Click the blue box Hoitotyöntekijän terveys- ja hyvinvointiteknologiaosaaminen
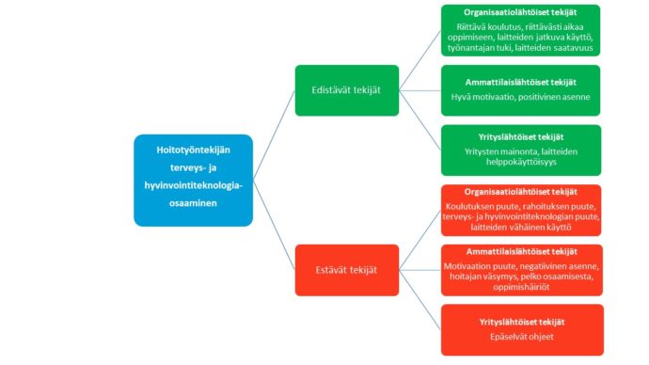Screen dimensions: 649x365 [194, 181]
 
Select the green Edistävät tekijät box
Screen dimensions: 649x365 [347, 90]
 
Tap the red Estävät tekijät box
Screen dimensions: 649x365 [347, 270]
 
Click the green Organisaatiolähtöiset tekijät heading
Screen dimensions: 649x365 [520, 12]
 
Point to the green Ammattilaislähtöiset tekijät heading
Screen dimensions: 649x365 [521, 83]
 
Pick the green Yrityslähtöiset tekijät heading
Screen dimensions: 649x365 [521, 137]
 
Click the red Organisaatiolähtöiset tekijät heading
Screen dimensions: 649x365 [521, 192]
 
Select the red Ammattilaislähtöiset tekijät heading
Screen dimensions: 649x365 [521, 251]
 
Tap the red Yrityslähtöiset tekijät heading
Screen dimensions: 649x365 [522, 322]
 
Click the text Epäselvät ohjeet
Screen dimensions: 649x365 [521, 337]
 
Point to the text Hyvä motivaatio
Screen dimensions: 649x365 [482, 97]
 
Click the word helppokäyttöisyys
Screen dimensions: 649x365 [521, 162]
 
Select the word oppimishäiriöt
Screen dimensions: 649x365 [521, 287]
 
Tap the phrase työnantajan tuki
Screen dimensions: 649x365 [479, 48]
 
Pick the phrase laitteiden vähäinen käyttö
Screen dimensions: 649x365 [521, 228]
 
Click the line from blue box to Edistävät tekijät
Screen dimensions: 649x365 [274, 135]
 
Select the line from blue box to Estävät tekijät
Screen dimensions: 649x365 [274, 225]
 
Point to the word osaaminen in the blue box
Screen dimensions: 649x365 [194, 203]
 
